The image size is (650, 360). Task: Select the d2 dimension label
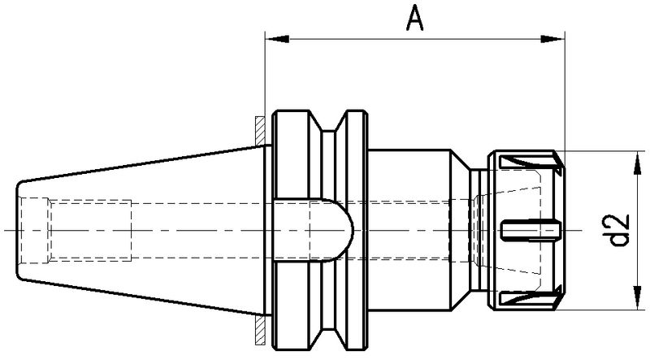(622, 230)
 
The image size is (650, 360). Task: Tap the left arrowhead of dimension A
(271, 37)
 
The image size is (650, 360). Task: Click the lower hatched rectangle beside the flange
(258, 332)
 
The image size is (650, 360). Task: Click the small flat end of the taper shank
(16, 230)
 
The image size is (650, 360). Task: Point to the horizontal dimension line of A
(414, 37)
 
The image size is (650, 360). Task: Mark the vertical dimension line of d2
(634, 195)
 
